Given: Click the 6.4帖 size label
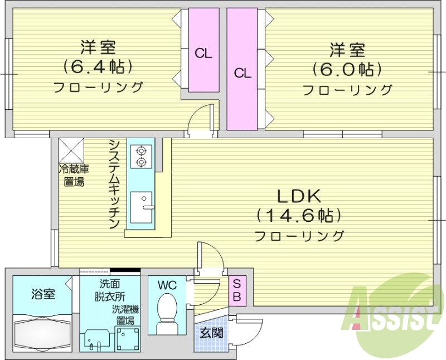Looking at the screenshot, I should tap(98, 67).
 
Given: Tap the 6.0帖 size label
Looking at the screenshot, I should tap(347, 69).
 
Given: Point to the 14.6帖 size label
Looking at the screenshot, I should tap(298, 215).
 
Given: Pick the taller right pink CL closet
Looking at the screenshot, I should tap(242, 70).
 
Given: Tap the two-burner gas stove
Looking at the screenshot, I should tap(140, 155).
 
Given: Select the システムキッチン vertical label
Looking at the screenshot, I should tap(114, 184).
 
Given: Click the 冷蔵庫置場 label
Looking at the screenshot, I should tap(74, 175).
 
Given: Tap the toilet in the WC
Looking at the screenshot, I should tap(167, 312).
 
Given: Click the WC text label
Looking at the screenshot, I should tap(167, 285).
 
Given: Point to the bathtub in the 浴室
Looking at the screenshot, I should tap(42, 333).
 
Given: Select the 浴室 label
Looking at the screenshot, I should tap(43, 294).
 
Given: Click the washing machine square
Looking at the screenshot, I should tap(127, 338).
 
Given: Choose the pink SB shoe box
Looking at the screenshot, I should tap(236, 290).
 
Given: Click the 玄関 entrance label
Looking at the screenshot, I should tap(211, 333).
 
